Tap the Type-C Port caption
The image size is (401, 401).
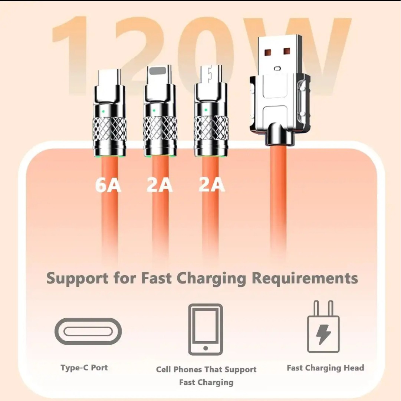pos(84,368)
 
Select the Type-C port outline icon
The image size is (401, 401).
pos(88,331)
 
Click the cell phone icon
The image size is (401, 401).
pos(206,329)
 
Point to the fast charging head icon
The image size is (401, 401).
pos(323,326)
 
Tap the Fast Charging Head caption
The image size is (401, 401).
pos(325,368)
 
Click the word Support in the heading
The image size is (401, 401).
pos(77,279)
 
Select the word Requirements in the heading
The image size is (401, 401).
pos(305,279)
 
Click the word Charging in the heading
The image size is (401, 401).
pos(211,279)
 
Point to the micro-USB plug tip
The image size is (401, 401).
pos(211,74)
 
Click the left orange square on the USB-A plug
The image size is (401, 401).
pos(268,52)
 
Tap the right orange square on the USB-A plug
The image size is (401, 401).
pos(287,51)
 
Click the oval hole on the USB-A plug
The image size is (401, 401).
pos(277,68)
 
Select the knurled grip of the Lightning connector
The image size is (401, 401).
pos(160,128)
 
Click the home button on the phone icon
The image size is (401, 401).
pos(206,348)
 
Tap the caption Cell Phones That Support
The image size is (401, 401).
pos(206,369)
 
